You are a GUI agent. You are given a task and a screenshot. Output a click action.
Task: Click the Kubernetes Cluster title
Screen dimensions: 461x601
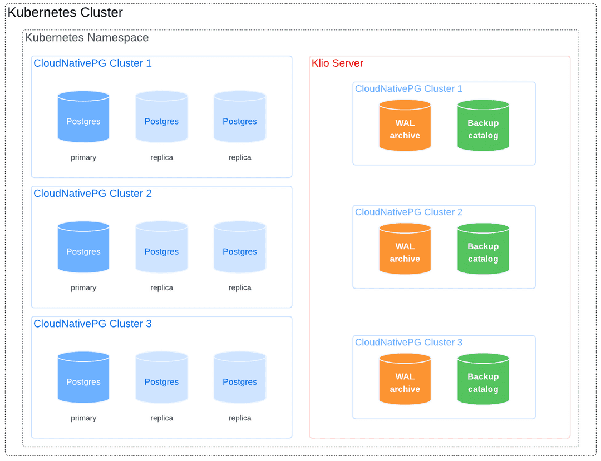(65, 12)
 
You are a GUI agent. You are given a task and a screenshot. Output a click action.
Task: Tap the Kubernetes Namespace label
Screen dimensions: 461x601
(87, 38)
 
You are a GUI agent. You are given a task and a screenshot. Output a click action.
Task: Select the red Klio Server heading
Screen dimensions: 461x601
(337, 63)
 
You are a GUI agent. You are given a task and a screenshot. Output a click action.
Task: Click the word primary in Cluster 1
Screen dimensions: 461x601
(83, 157)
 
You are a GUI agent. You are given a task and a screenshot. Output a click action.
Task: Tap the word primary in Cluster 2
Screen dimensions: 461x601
(83, 287)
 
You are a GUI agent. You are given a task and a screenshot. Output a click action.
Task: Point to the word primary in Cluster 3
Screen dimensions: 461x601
(83, 418)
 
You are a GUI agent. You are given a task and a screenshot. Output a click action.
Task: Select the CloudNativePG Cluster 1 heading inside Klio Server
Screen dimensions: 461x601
(408, 88)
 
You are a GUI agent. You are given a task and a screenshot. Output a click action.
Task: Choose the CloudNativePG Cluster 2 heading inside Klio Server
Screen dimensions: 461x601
(408, 212)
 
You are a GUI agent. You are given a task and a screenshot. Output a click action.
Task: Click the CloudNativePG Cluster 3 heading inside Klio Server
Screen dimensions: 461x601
(408, 342)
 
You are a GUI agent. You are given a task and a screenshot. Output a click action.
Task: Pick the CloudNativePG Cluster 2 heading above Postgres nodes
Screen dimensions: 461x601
(92, 194)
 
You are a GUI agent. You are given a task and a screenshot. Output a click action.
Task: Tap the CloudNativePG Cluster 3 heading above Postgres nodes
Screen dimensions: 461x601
(92, 324)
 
